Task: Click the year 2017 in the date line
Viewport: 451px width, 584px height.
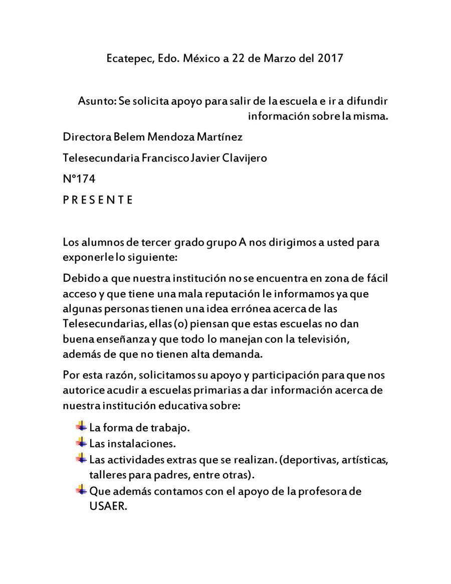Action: [330, 58]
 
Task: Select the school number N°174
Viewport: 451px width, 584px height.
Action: [79, 178]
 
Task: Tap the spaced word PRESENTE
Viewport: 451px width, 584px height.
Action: [98, 200]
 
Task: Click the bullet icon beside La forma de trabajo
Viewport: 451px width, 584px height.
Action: [81, 427]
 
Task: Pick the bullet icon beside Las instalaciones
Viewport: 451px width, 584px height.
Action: [81, 443]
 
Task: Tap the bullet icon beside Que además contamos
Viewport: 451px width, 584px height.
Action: [81, 490]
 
